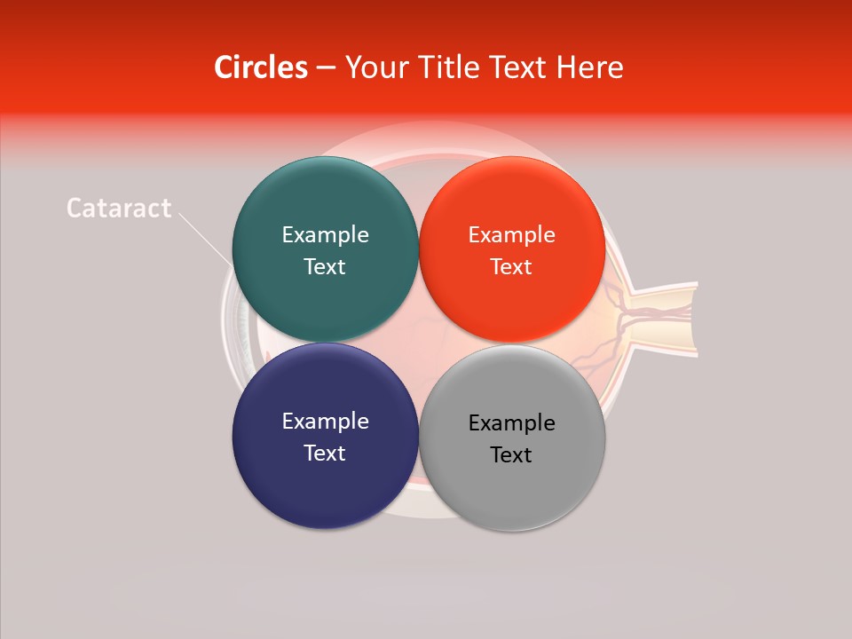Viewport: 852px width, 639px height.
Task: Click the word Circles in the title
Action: (x=260, y=67)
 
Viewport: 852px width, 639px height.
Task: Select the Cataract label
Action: (x=119, y=208)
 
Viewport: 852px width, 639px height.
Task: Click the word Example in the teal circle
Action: (x=325, y=235)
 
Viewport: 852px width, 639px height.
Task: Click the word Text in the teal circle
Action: (x=325, y=267)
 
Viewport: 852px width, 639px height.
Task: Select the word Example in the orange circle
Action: (x=512, y=235)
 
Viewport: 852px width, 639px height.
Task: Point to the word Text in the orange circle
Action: (x=511, y=267)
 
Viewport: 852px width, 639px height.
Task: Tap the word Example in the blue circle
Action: (x=325, y=422)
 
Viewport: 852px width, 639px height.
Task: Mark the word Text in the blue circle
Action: (x=325, y=454)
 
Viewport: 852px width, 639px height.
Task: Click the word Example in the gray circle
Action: (x=512, y=423)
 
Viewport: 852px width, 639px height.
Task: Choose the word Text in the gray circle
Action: (x=511, y=455)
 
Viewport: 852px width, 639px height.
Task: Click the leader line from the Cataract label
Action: (x=204, y=238)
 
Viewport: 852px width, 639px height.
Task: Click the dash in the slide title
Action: (x=326, y=68)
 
